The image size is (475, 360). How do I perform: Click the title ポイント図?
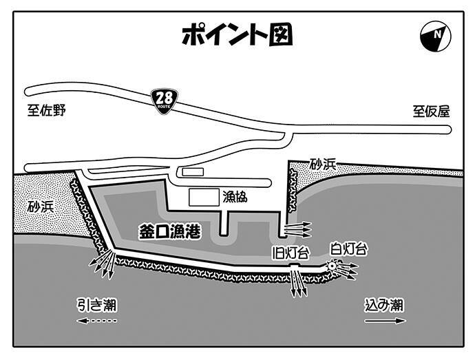point(237,34)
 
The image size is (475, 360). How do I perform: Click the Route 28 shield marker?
point(165,100)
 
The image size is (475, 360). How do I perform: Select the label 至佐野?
point(47,110)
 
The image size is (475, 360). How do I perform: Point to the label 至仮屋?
point(431,111)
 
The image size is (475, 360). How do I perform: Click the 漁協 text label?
point(235,197)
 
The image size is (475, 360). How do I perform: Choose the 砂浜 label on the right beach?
point(323,164)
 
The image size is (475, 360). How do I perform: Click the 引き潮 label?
point(97,304)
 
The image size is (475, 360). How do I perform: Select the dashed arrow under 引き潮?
point(97,321)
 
